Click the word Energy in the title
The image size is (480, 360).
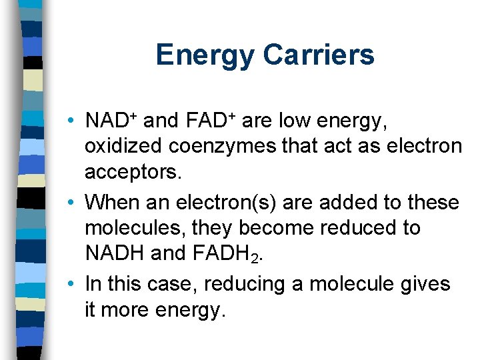tap(205, 55)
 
